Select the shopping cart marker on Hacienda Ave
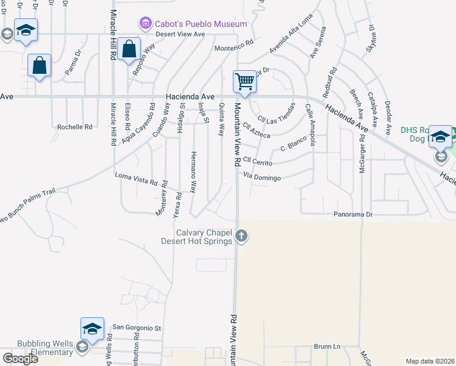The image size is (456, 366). click(x=244, y=82)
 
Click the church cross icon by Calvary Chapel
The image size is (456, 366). click(x=241, y=235)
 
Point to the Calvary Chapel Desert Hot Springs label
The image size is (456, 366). click(x=205, y=237)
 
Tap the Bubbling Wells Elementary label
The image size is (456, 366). click(x=37, y=348)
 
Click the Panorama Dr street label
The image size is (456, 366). click(x=352, y=215)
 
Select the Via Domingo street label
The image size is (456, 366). click(x=262, y=178)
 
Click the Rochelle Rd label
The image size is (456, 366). click(x=74, y=127)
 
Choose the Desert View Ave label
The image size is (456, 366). click(x=180, y=34)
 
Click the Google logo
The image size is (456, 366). click(x=20, y=358)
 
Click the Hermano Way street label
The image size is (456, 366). click(x=193, y=172)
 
